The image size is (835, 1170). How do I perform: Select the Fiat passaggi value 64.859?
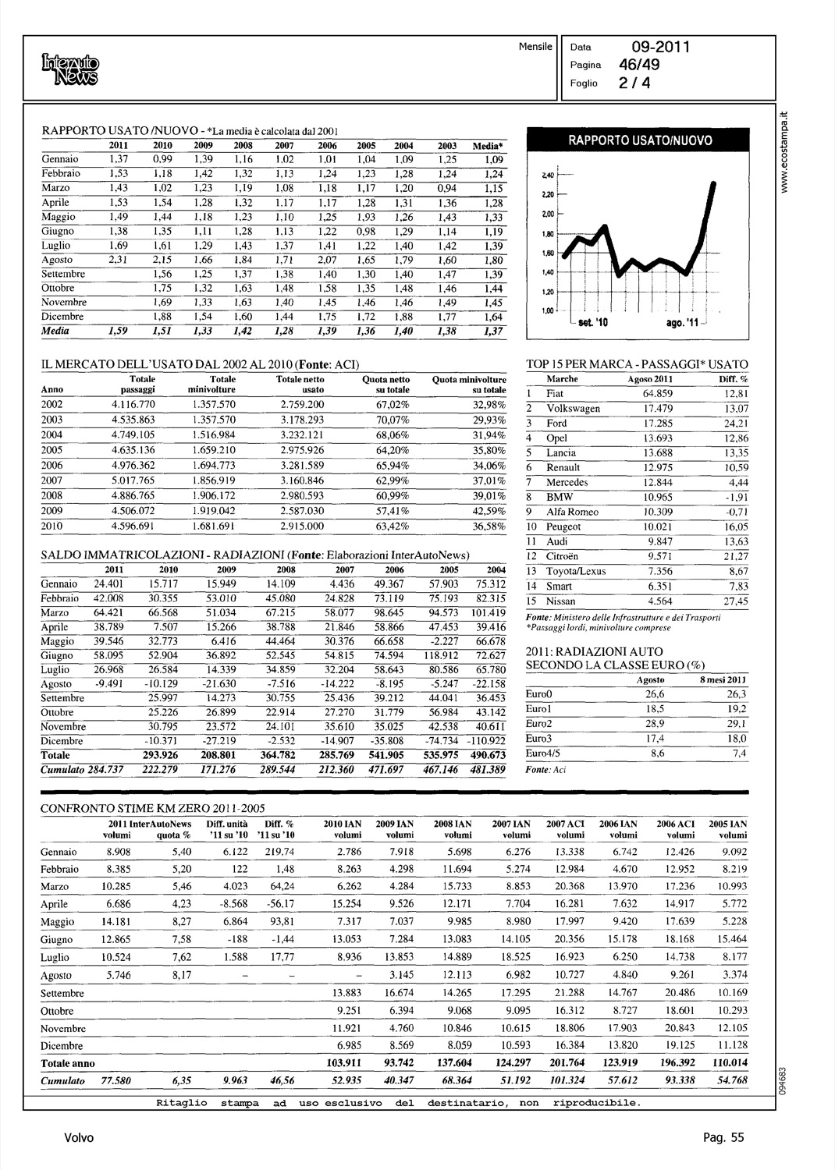[658, 394]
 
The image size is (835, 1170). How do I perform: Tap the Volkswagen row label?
[573, 409]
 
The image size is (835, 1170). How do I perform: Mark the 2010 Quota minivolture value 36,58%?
[489, 526]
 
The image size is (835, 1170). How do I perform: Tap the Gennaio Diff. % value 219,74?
[279, 852]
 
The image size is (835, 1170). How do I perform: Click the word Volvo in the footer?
[79, 1138]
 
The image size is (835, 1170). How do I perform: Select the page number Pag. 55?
[723, 1138]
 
